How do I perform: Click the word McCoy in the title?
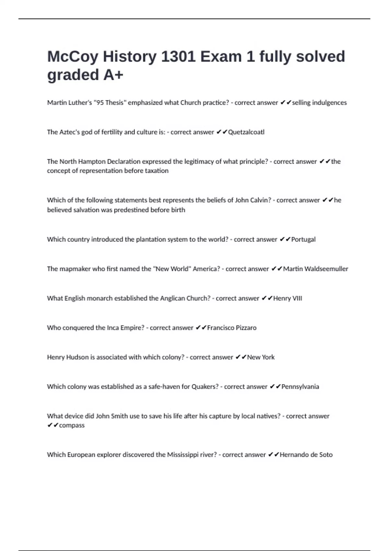(73, 57)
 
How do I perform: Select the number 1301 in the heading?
(178, 57)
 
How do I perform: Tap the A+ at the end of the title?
(113, 75)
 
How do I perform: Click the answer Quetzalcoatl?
(246, 132)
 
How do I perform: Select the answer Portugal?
(303, 240)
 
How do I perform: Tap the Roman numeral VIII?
(297, 298)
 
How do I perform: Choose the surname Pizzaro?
(244, 328)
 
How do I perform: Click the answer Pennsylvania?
(300, 387)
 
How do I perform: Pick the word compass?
(72, 425)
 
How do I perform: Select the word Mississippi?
(183, 455)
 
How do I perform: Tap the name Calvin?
(260, 200)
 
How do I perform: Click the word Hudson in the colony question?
(77, 357)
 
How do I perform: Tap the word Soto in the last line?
(326, 455)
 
